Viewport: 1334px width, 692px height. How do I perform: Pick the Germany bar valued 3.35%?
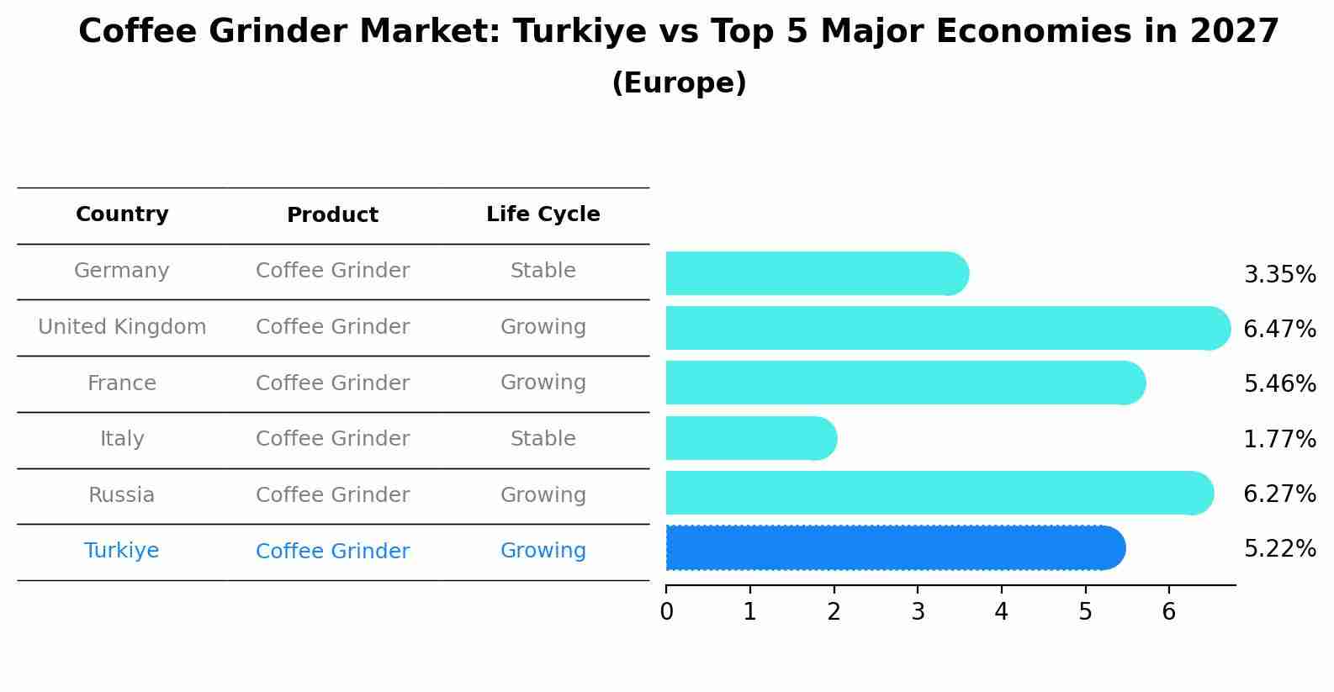[817, 273]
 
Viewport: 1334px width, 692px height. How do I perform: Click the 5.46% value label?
[1279, 384]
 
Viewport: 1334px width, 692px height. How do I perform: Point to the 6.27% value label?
[1279, 494]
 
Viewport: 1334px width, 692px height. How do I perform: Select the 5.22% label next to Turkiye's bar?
[1279, 549]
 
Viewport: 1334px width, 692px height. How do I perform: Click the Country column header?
[122, 214]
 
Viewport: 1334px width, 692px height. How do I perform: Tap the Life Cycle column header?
[543, 214]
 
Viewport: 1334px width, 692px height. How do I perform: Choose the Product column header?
[332, 215]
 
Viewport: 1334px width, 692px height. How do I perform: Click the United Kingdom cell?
[122, 327]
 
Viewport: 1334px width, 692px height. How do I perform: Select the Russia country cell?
[122, 495]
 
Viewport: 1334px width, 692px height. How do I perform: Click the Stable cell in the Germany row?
[543, 271]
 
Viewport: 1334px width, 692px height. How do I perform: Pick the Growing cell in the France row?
[543, 383]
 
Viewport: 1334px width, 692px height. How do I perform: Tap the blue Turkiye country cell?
[122, 551]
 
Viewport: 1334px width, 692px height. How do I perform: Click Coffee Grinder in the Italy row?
[332, 439]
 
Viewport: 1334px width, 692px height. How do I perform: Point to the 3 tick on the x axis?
[918, 611]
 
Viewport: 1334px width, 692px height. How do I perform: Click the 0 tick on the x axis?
[666, 611]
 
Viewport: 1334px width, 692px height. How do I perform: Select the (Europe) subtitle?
[679, 83]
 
